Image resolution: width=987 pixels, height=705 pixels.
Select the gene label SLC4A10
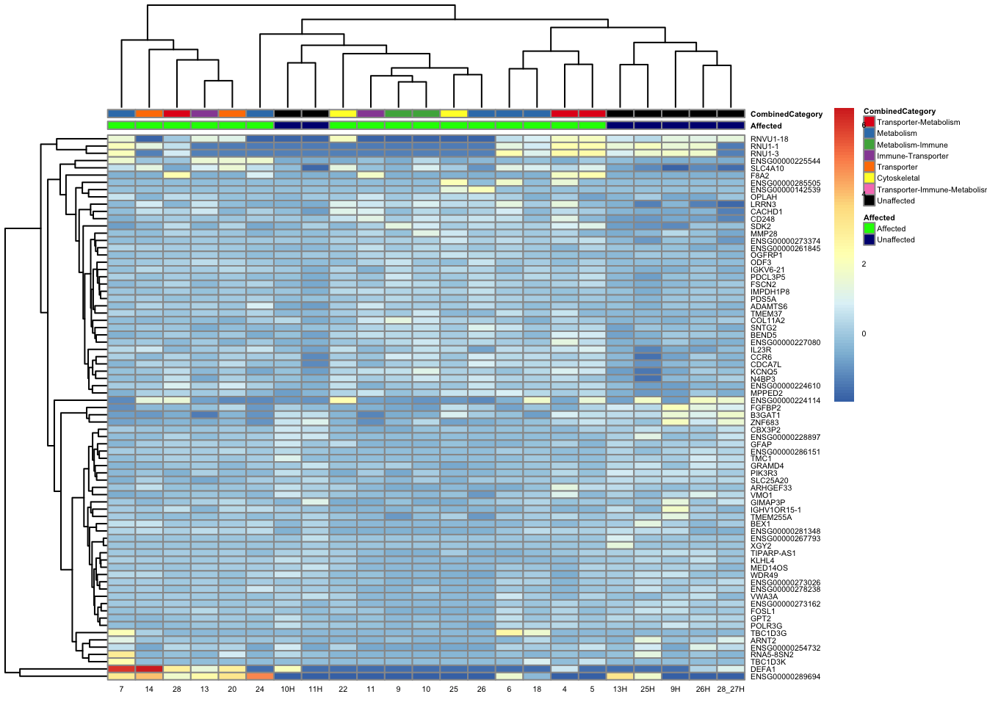coord(767,169)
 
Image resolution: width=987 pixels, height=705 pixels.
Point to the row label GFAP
coord(761,444)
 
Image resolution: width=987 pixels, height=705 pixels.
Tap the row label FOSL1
coord(762,611)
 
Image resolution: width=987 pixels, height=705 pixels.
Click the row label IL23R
coord(761,350)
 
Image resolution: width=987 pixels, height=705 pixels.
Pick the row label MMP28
coord(764,234)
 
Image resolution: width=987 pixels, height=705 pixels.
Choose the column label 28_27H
coord(731,690)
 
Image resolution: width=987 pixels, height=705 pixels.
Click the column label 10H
coord(287,690)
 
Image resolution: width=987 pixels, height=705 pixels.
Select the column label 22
coord(343,690)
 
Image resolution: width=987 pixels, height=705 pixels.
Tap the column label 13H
coord(620,690)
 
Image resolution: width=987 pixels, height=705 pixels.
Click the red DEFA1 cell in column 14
coord(149,669)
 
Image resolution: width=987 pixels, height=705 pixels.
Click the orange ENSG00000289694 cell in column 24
coord(260,676)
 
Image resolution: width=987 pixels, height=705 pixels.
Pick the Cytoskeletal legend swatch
coord(869,178)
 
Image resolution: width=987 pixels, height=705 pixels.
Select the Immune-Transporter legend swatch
coord(869,156)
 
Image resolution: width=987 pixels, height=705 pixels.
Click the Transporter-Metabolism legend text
coord(918,123)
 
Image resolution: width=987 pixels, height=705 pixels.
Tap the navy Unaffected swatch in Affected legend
coord(869,240)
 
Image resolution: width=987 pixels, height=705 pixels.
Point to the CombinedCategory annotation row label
coord(786,115)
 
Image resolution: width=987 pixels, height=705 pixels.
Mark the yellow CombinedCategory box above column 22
coord(343,114)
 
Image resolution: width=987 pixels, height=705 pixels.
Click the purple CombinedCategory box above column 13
coord(204,114)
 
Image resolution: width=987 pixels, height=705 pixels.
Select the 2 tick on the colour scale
coord(864,264)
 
